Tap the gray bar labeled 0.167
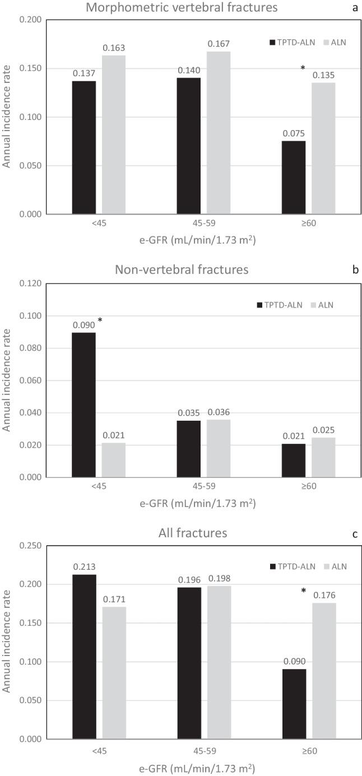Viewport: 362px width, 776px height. point(219,132)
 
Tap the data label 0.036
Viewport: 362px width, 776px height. point(219,412)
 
